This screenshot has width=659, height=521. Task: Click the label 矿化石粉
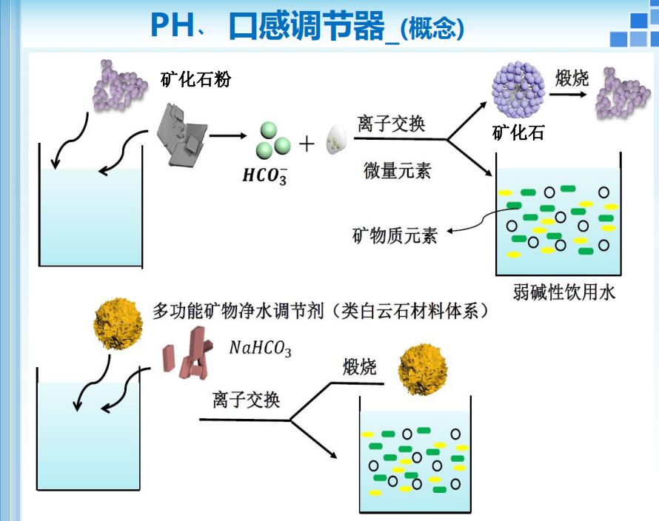(x=195, y=79)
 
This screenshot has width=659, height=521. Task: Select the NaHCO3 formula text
(x=260, y=348)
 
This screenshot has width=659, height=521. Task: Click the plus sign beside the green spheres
(x=307, y=143)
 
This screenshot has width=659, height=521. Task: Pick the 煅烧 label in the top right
(x=573, y=78)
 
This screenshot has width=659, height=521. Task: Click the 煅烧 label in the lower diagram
(x=360, y=367)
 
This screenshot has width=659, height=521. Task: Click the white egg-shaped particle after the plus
(x=337, y=138)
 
